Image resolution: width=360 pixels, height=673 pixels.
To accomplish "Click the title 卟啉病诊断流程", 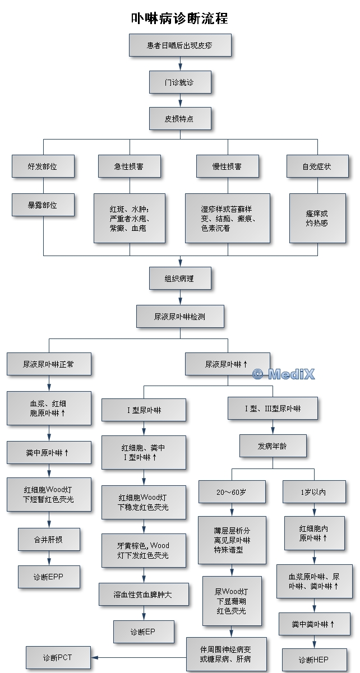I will pyautogui.click(x=179, y=18).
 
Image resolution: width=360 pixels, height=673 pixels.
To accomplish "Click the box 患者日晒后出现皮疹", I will pyautogui.click(x=179, y=45).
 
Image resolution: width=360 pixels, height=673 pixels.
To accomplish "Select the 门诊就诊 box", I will pyautogui.click(x=179, y=82).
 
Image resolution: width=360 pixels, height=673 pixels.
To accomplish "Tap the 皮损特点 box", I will pyautogui.click(x=179, y=118).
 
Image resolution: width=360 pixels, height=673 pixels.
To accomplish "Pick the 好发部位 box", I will pyautogui.click(x=43, y=166).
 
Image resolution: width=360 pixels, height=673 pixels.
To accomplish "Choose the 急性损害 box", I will pyautogui.click(x=129, y=166).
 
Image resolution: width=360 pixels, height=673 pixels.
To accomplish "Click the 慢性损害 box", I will pyautogui.click(x=227, y=166).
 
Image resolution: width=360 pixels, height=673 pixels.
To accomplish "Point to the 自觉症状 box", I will pyautogui.click(x=317, y=166).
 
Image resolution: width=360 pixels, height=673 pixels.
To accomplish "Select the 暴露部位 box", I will pyautogui.click(x=43, y=205).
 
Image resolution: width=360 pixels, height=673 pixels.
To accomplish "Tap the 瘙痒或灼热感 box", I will pyautogui.click(x=317, y=218).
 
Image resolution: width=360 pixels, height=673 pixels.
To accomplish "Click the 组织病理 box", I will pyautogui.click(x=179, y=278).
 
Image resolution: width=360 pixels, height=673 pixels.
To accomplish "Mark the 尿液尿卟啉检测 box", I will pyautogui.click(x=179, y=316).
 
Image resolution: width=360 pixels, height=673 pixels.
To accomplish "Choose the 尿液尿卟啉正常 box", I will pyautogui.click(x=48, y=364).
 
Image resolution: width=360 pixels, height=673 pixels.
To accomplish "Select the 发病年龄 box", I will pyautogui.click(x=273, y=446).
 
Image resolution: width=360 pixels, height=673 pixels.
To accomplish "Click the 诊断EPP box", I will pyautogui.click(x=48, y=576).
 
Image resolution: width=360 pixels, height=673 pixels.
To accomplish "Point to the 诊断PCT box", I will pyautogui.click(x=57, y=657).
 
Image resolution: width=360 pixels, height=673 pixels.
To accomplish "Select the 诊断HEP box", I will pyautogui.click(x=313, y=660).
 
